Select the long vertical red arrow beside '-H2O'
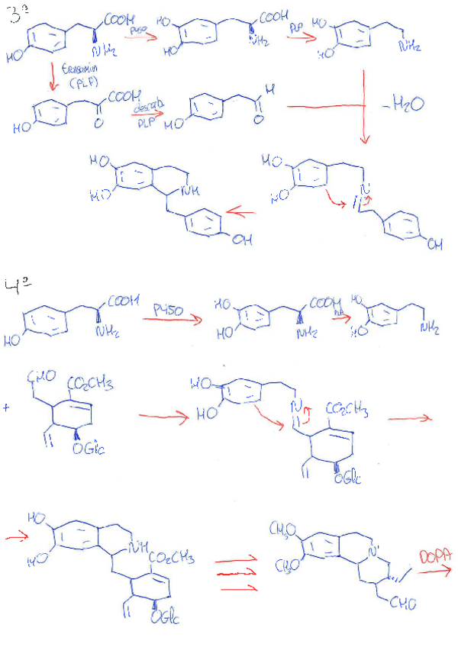coord(364,107)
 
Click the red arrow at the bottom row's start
coord(15,538)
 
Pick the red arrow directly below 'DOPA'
coord(433,570)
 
